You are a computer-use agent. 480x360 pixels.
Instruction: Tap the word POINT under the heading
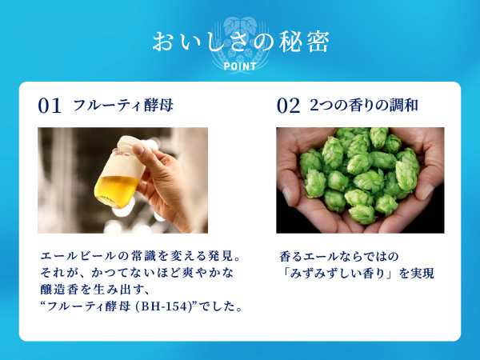tap(240, 66)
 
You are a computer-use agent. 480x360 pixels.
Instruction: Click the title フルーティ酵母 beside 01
tap(123, 106)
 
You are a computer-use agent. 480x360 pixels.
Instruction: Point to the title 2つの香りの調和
tap(364, 106)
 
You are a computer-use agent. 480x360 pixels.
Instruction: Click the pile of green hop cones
tap(360, 176)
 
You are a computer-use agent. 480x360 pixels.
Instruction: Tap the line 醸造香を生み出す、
tap(89, 290)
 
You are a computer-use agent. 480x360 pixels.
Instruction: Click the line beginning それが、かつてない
tap(120, 274)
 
